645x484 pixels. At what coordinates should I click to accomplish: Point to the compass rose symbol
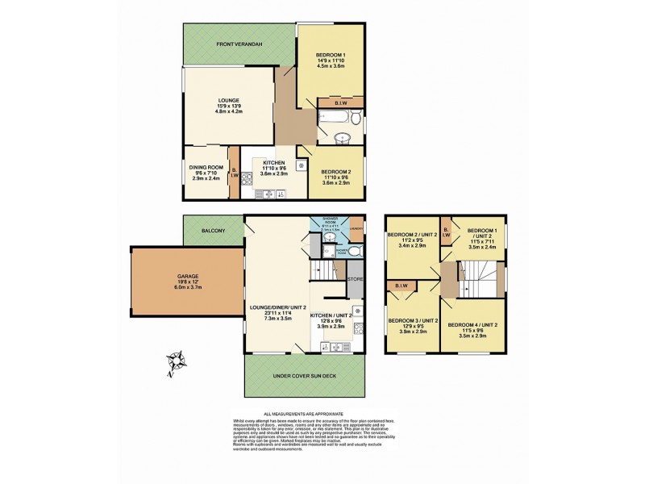[x=177, y=360]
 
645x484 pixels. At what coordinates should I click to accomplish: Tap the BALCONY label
[x=213, y=231]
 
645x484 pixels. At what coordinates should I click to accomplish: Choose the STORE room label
[x=356, y=279]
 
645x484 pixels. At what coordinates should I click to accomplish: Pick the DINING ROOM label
[x=206, y=167]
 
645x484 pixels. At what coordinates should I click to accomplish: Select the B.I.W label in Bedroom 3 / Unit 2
[x=402, y=286]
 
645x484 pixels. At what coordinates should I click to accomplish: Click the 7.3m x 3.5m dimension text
[x=277, y=319]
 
